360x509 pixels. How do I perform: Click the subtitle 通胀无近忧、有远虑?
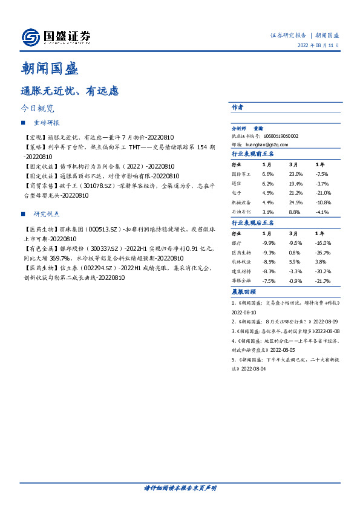70,91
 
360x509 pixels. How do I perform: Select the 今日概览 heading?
38,109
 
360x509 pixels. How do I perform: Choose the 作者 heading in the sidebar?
237,107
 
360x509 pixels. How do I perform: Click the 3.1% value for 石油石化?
267,212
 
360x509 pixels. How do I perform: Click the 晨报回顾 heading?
244,292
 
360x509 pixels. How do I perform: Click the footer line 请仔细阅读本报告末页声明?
180,488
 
